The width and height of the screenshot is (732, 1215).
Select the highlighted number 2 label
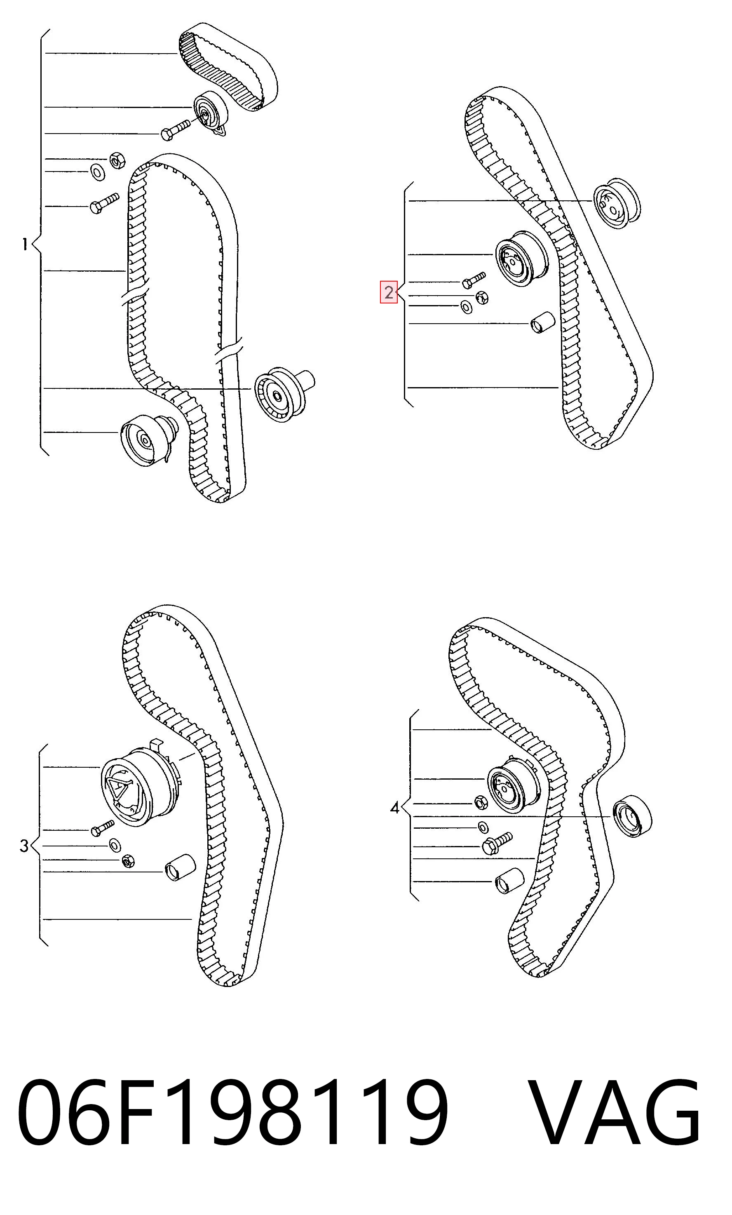[x=388, y=292]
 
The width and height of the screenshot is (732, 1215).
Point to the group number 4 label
[x=394, y=808]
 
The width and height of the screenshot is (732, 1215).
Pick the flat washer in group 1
[x=98, y=173]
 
